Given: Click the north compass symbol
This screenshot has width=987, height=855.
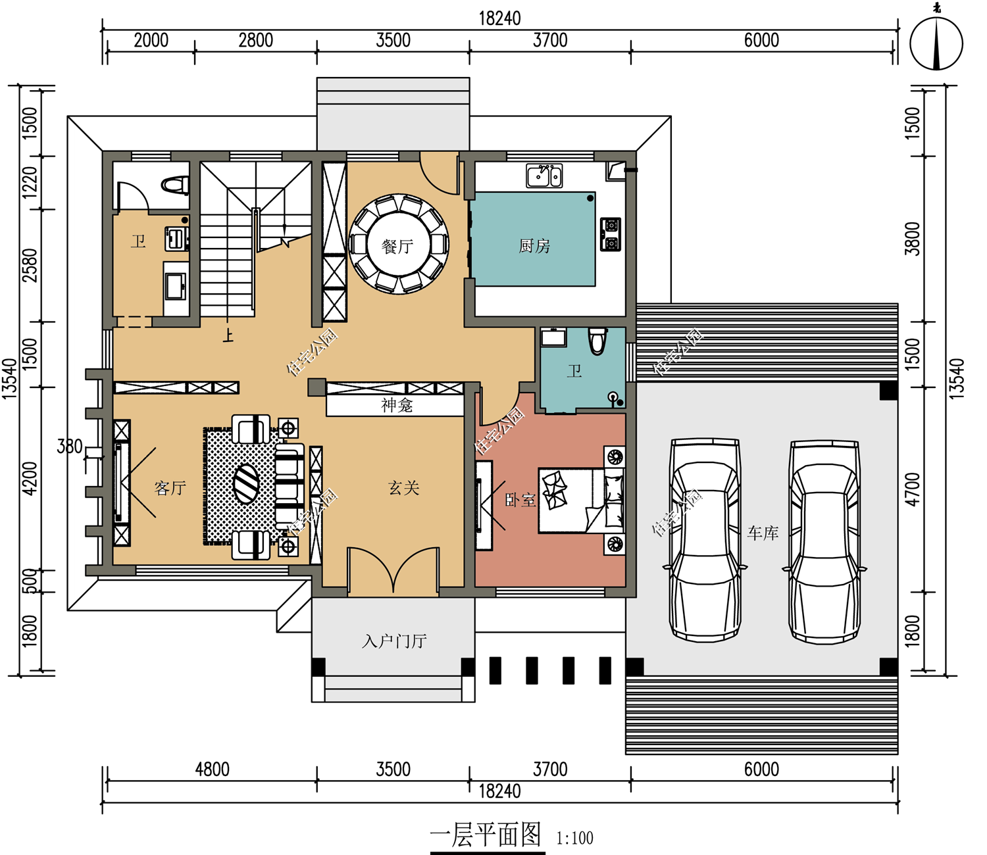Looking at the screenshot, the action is coord(936,43).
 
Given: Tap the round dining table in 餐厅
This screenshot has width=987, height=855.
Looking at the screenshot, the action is coord(398,245).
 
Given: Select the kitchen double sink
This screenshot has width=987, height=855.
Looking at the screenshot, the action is coord(544,175).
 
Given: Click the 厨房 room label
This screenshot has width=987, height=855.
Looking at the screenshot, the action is coord(534,247).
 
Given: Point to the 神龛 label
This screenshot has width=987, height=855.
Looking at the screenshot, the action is coord(397,405).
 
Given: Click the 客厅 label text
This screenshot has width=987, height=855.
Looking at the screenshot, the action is coord(170,488).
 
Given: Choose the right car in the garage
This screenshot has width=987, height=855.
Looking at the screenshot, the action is coord(824,542).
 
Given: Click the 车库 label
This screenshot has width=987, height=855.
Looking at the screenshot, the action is coord(763,533).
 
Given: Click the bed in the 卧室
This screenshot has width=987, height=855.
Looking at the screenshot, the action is coord(581,501).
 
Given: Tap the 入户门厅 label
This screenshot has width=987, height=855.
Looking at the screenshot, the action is coord(394,641).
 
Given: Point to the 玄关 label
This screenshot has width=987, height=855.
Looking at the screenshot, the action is coord(403,488).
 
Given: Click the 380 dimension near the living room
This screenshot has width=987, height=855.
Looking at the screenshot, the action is coord(70,447).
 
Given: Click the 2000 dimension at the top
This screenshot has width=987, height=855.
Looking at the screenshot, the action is coord(151,40).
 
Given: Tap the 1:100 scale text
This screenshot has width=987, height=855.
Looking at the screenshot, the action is coord(575,838).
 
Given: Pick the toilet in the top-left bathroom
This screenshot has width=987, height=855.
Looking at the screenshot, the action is coord(175,185).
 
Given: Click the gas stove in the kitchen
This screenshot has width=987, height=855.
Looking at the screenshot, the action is coord(611,234).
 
